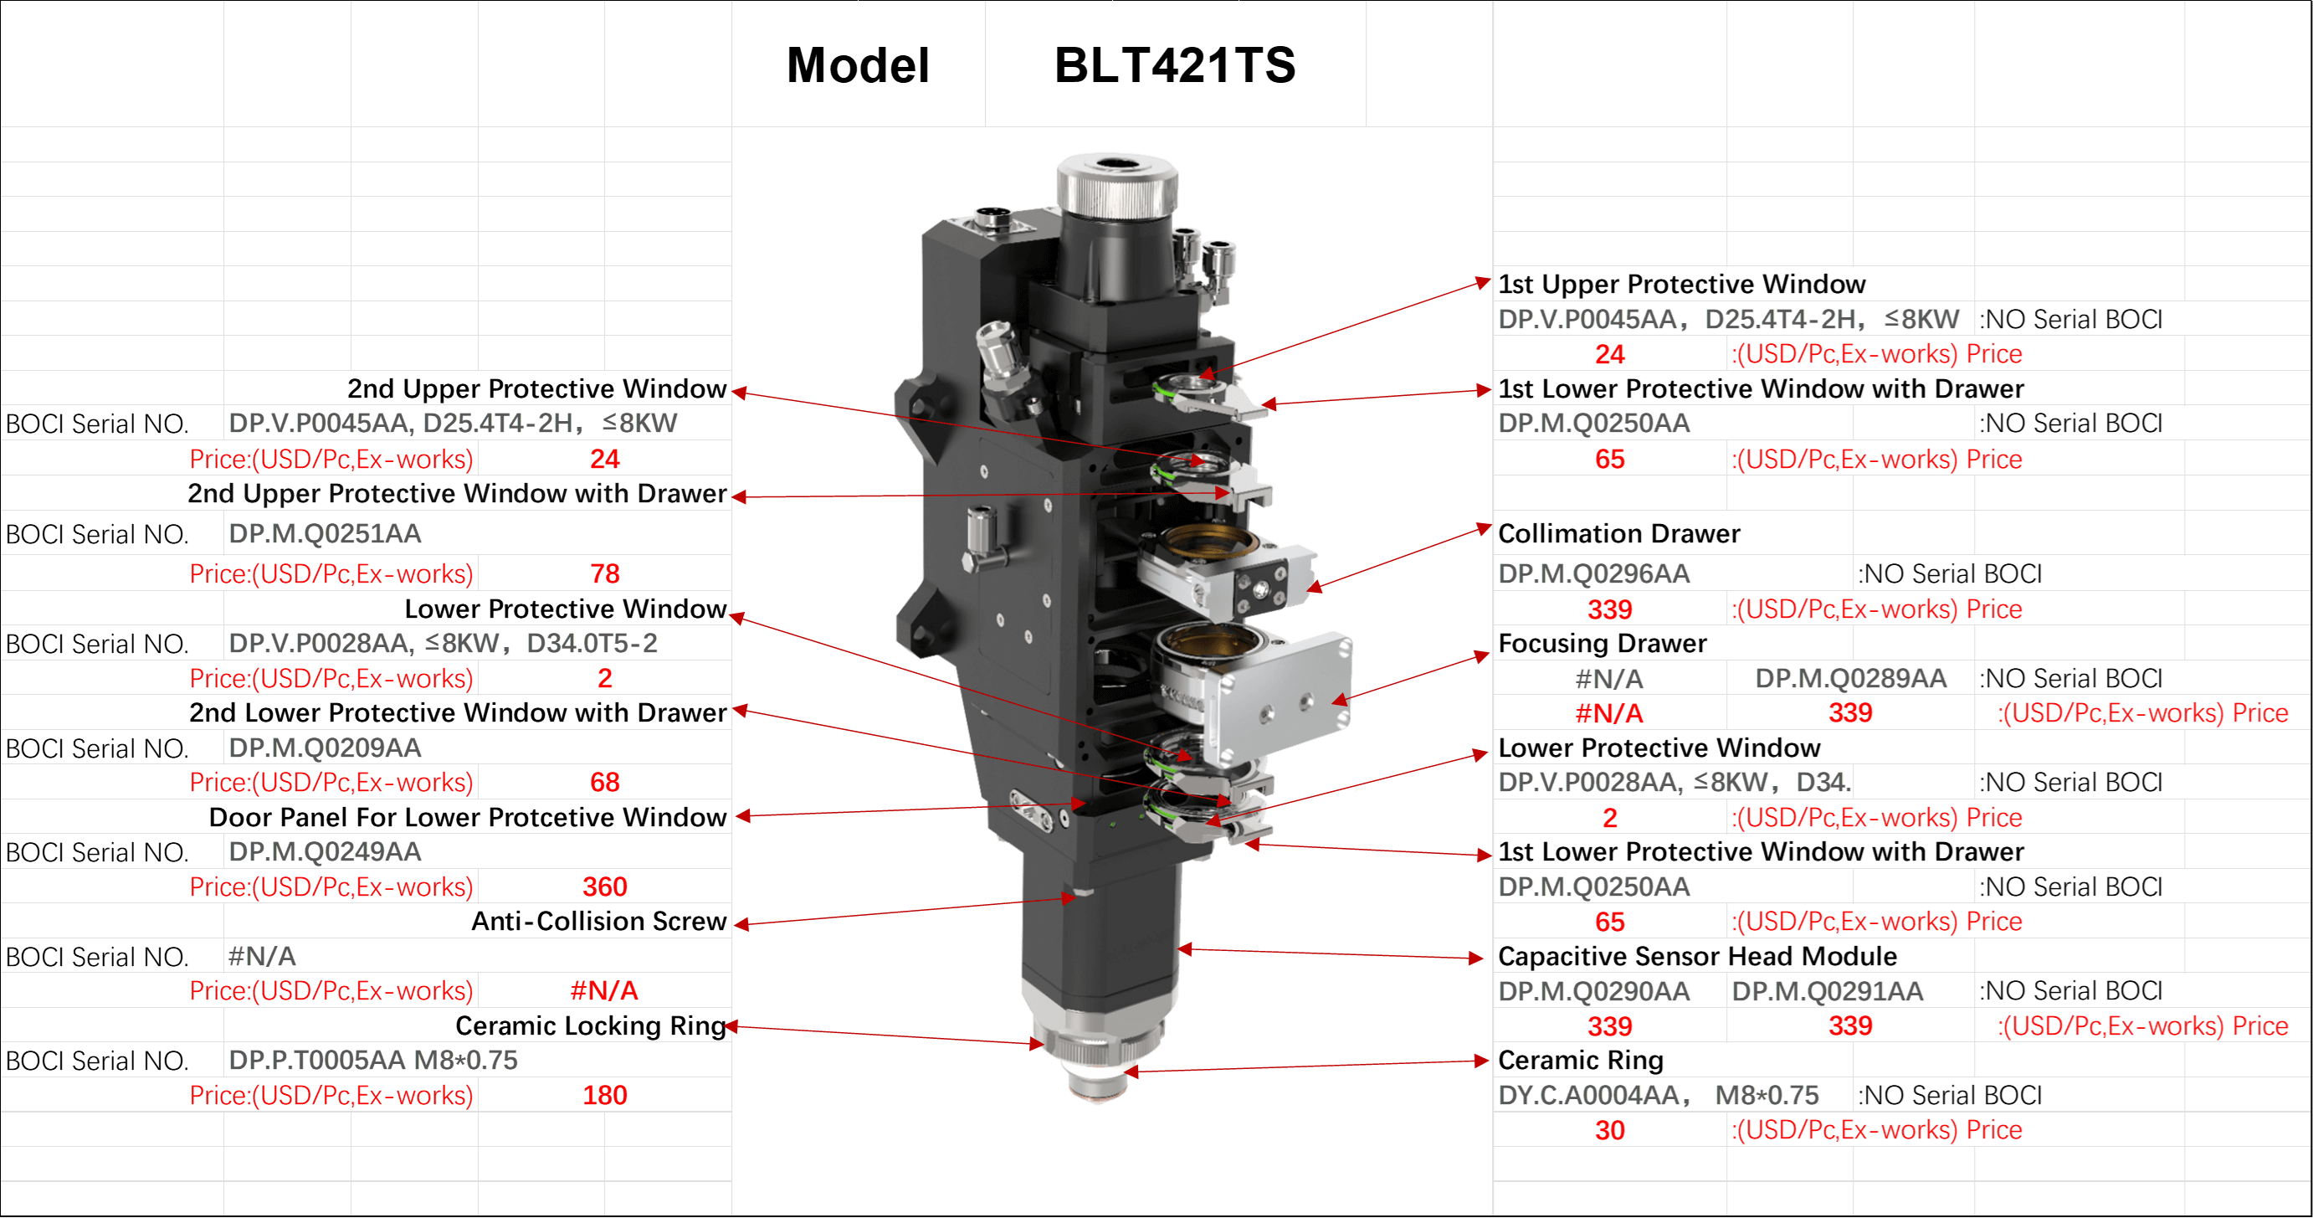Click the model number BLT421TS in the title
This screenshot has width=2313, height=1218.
coord(1174,64)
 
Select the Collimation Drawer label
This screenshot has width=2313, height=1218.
coord(1619,533)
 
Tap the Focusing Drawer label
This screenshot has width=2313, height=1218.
coord(1602,643)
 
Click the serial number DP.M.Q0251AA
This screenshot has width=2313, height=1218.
coord(325,533)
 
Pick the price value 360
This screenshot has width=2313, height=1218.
coord(604,887)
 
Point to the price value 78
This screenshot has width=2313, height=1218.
coord(604,573)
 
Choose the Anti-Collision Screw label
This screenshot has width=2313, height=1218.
coord(599,921)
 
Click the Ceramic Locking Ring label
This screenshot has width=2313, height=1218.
coord(591,1025)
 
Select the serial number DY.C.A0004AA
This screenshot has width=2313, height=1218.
coord(1594,1095)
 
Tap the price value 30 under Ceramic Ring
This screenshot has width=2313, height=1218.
coord(1610,1130)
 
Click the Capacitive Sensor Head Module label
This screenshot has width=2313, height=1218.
coord(1697,956)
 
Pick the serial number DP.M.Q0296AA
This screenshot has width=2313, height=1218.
coord(1594,573)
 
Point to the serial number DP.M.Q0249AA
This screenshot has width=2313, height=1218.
coord(325,851)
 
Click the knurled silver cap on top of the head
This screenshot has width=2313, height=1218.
coord(1116,185)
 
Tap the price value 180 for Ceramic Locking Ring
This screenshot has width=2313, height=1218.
coord(604,1095)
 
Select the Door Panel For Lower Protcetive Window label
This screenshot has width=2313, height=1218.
coord(468,816)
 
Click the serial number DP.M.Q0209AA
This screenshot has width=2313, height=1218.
coord(325,748)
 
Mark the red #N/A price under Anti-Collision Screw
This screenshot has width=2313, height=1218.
coord(604,991)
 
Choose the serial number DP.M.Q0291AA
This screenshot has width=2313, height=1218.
coord(1828,991)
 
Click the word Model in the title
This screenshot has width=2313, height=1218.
coord(859,64)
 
